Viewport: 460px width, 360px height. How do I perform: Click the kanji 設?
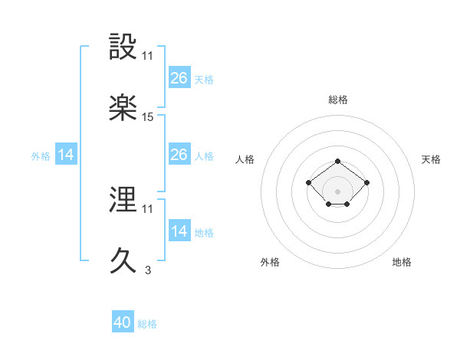tap(123, 47)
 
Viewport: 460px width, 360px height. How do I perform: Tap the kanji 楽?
tap(123, 107)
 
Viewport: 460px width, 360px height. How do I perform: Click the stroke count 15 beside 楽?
tap(148, 116)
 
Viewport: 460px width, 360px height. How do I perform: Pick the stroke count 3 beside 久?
tap(147, 270)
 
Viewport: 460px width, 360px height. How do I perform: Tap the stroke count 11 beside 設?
tap(147, 56)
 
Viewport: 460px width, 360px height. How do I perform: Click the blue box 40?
tap(123, 322)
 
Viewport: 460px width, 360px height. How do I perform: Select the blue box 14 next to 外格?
tap(66, 155)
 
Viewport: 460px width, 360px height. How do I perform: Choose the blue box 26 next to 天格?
tap(179, 77)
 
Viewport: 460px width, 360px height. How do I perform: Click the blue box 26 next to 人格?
tap(179, 155)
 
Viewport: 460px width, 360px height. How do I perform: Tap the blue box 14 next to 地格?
tap(179, 231)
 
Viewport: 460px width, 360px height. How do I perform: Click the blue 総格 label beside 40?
tap(147, 324)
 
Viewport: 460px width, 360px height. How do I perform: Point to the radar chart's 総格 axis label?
tap(337, 100)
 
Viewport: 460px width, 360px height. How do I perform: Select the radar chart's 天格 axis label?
tap(431, 159)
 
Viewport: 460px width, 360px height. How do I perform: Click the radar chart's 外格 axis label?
tap(270, 262)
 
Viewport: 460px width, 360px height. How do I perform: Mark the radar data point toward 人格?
tap(308, 182)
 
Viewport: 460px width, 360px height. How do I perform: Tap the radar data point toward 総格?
tap(337, 161)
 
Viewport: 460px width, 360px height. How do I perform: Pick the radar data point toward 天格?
tap(366, 182)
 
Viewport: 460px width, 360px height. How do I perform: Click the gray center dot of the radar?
tap(337, 191)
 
